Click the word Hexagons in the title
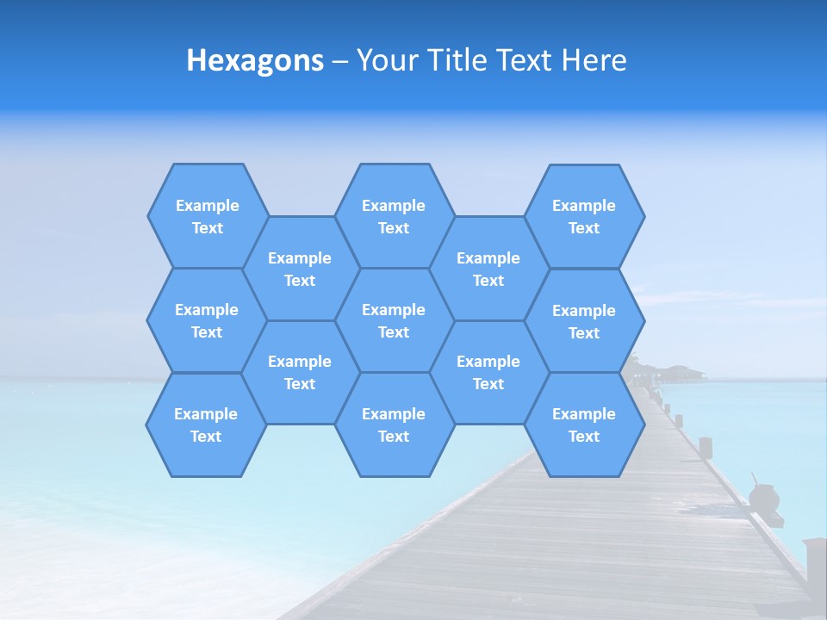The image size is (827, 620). pyautogui.click(x=255, y=60)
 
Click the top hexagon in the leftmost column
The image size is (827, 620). pyautogui.click(x=208, y=216)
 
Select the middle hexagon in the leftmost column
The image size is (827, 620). pyautogui.click(x=207, y=320)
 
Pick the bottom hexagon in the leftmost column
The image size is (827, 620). pyautogui.click(x=206, y=425)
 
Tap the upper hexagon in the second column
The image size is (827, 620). pyautogui.click(x=300, y=269)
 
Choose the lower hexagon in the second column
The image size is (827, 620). pyautogui.click(x=300, y=372)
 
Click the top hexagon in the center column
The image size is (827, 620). pyautogui.click(x=394, y=216)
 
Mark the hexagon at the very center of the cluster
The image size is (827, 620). pyautogui.click(x=394, y=320)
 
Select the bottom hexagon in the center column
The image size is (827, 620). pyautogui.click(x=394, y=425)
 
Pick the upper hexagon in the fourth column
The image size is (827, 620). pyautogui.click(x=488, y=269)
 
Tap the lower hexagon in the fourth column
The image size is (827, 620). pyautogui.click(x=488, y=372)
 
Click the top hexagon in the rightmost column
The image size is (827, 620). pyautogui.click(x=584, y=216)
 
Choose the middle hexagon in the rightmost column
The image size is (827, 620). pyautogui.click(x=584, y=321)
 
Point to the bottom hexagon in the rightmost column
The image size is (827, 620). pyautogui.click(x=584, y=425)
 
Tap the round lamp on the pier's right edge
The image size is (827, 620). pyautogui.click(x=764, y=498)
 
